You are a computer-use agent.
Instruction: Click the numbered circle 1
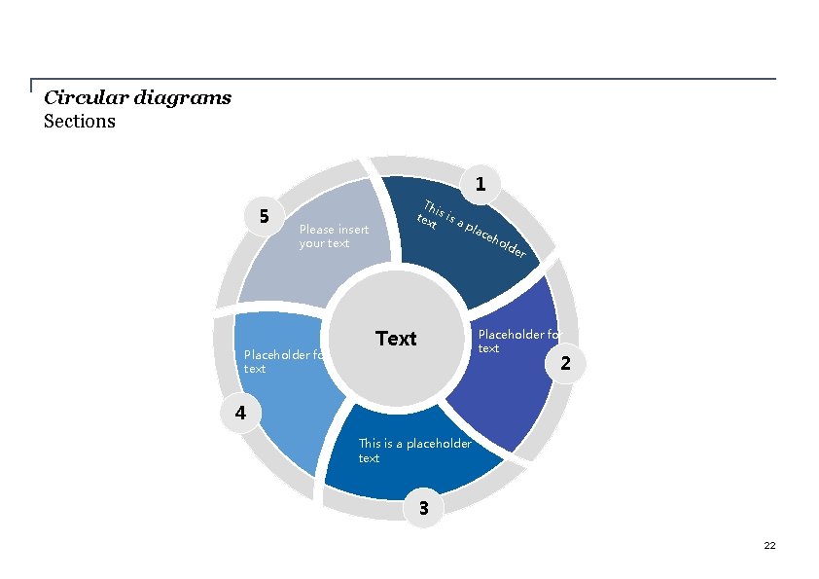[480, 183]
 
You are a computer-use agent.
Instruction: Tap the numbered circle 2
[568, 364]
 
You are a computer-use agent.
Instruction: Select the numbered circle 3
[422, 507]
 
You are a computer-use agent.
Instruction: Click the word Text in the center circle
[396, 339]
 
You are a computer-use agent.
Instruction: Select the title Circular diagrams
[137, 97]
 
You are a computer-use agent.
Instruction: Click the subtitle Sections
[80, 122]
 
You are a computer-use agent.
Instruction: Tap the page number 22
[769, 546]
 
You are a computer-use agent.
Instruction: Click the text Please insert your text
[334, 236]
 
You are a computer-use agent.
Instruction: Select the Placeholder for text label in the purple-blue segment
[518, 342]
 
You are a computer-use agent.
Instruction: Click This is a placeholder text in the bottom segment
[414, 451]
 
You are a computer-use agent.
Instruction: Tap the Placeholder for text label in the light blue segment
[283, 362]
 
